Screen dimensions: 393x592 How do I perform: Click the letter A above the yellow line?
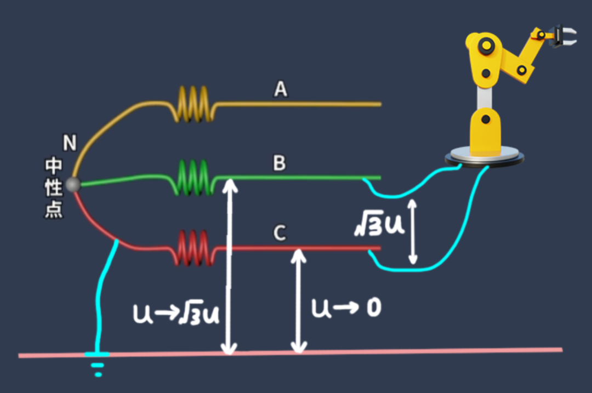point(281,89)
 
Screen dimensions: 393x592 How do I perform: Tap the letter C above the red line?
point(280,233)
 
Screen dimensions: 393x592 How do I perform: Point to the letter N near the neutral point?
point(70,144)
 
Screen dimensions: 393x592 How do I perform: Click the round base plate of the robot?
point(485,157)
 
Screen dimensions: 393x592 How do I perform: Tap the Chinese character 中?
point(54,166)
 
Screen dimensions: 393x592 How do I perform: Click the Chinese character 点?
point(54,210)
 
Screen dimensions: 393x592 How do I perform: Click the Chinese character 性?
point(54,187)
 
